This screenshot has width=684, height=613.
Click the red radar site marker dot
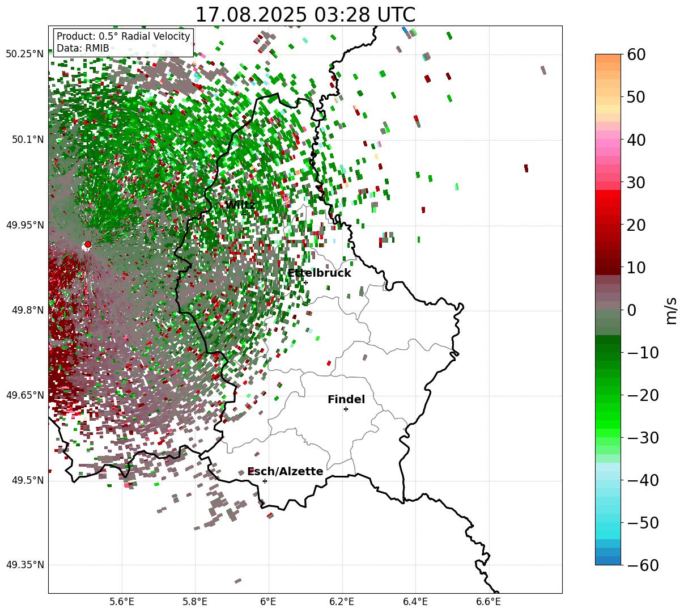click(x=87, y=244)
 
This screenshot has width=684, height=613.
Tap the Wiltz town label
click(x=240, y=205)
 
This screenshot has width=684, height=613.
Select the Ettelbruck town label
click(x=319, y=273)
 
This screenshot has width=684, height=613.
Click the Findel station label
click(x=346, y=400)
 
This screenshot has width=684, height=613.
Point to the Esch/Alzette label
click(x=286, y=472)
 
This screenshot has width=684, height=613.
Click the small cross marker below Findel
click(x=346, y=409)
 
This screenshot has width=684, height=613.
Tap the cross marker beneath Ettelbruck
click(x=305, y=282)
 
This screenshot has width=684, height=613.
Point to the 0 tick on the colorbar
click(x=631, y=310)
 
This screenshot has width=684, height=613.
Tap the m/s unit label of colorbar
click(x=671, y=310)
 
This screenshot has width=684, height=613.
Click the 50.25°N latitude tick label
click(x=25, y=54)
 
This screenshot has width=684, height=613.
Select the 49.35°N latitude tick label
click(x=25, y=565)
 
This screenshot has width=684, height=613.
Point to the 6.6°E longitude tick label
click(x=488, y=602)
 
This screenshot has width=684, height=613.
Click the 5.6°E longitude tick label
click(x=122, y=602)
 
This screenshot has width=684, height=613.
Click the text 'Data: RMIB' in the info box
click(x=83, y=48)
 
